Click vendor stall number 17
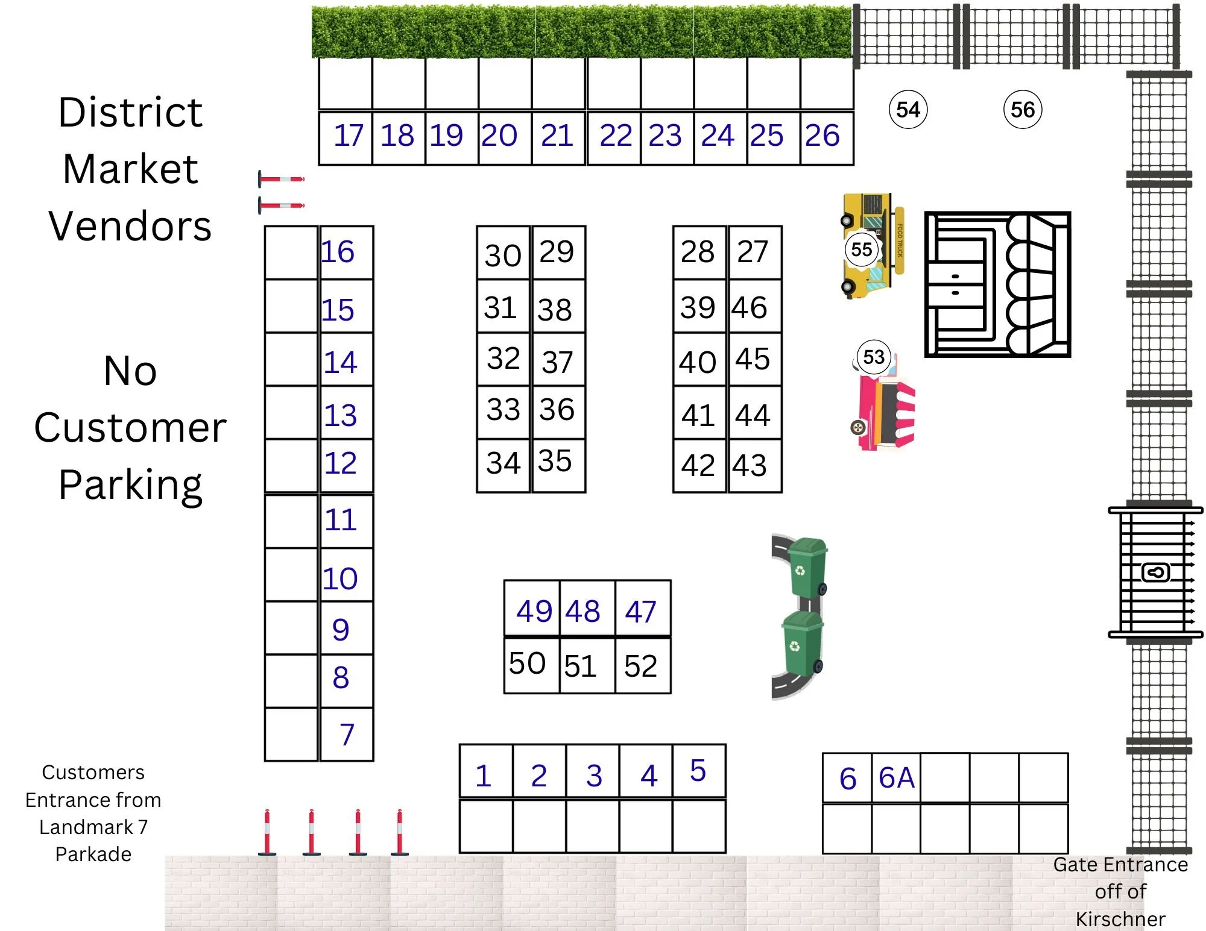pyautogui.click(x=348, y=136)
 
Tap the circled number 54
pyautogui.click(x=908, y=110)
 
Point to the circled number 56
pyautogui.click(x=1023, y=110)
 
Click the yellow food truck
pyautogui.click(x=871, y=245)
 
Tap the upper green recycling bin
pyautogui.click(x=807, y=566)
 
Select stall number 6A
pyautogui.click(x=897, y=778)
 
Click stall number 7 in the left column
pyautogui.click(x=347, y=735)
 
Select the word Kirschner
pyautogui.click(x=1120, y=919)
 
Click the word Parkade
pyautogui.click(x=93, y=854)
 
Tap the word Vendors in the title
pyautogui.click(x=130, y=226)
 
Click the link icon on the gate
pyautogui.click(x=1155, y=572)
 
